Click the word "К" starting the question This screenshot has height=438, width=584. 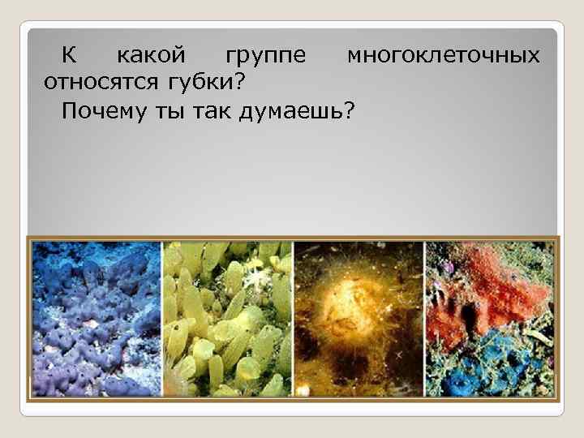[71, 56]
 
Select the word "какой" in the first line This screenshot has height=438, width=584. [152, 56]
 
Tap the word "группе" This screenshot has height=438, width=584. [266, 58]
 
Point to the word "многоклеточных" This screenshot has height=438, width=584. [443, 56]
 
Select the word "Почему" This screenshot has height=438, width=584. [101, 110]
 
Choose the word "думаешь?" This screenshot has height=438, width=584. [298, 111]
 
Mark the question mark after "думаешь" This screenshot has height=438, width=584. [350, 110]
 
